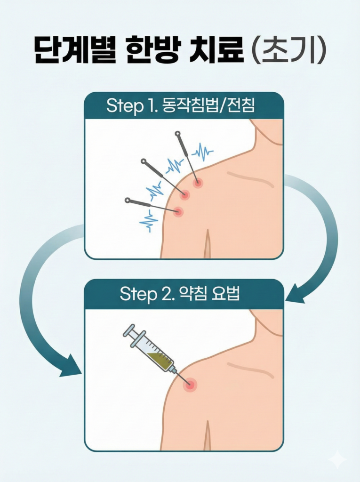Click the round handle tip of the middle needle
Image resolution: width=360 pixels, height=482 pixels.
143,161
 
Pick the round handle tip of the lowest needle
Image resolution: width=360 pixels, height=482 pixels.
127,201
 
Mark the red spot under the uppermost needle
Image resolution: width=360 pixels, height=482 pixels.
198,183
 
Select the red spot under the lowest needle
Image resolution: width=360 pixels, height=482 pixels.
178,211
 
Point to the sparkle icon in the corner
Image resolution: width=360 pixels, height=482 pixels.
337,460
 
